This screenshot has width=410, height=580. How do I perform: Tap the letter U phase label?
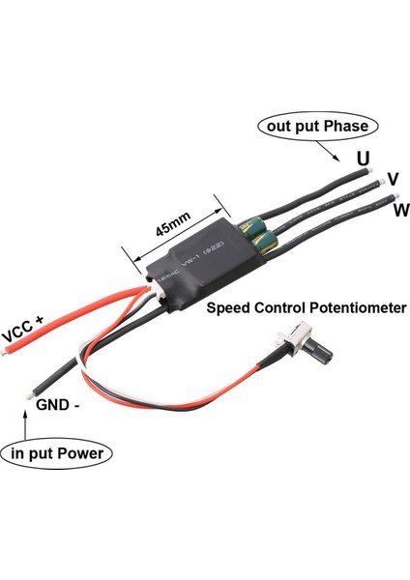pos(361,157)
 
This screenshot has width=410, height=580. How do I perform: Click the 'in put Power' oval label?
pos(57,452)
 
